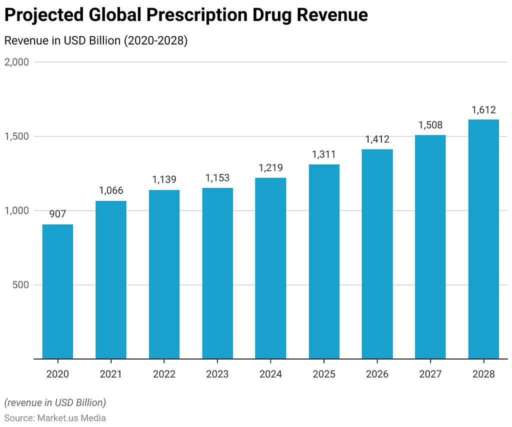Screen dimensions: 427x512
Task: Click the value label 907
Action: point(57,214)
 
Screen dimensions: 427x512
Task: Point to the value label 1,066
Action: point(111,190)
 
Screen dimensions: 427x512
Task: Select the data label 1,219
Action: point(270,167)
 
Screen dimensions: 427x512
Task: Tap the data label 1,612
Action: point(483,109)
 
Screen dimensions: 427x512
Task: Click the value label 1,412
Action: point(377,139)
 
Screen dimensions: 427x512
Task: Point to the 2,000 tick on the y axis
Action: point(17,62)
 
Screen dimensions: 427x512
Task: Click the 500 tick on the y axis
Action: point(21,285)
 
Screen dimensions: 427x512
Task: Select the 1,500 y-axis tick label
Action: point(17,136)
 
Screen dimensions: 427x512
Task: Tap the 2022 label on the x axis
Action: point(164,374)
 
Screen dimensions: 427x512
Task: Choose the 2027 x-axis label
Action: point(430,374)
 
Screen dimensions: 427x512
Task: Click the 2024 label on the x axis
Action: point(270,374)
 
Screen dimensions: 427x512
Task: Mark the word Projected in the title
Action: point(44,15)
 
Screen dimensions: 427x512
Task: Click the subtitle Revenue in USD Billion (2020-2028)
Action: point(95,41)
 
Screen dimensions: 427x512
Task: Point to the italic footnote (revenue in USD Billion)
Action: point(55,402)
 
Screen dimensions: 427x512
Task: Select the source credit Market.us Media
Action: point(71,417)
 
